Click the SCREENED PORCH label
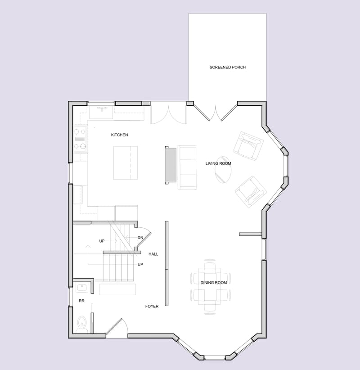pyautogui.click(x=227, y=68)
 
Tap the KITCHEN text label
pyautogui.click(x=119, y=135)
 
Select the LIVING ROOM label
pyautogui.click(x=218, y=163)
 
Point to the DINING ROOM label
pyautogui.click(x=214, y=283)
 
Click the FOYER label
pyautogui.click(x=152, y=307)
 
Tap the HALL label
pyautogui.click(x=153, y=254)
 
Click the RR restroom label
pyautogui.click(x=81, y=300)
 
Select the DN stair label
pyautogui.click(x=140, y=237)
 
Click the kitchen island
pyautogui.click(x=125, y=162)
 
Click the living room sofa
pyautogui.click(x=187, y=167)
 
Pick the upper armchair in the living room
pyautogui.click(x=248, y=145)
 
